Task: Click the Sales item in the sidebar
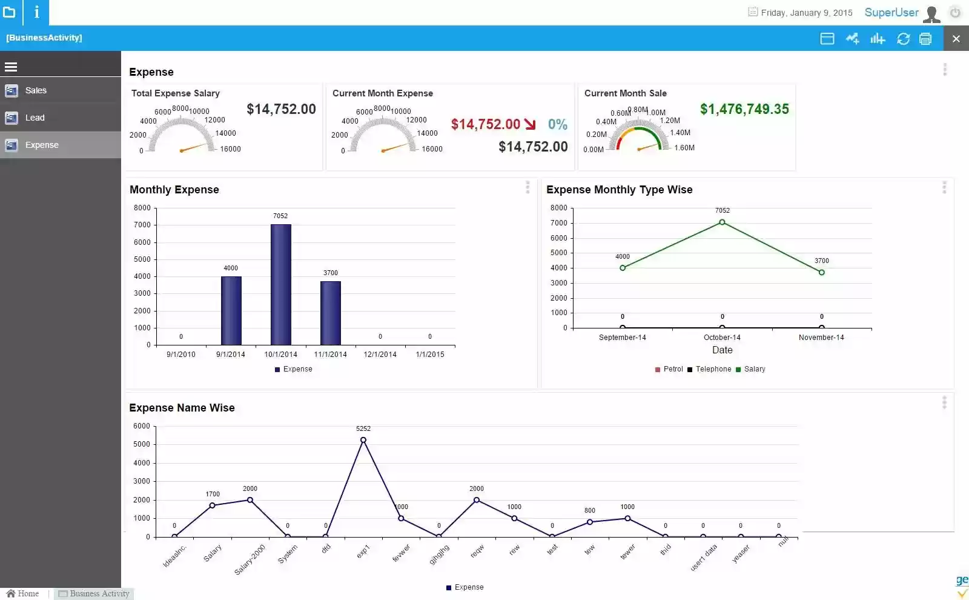pos(36,90)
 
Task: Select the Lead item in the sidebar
pos(35,118)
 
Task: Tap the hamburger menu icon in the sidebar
pos(11,67)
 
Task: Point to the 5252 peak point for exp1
pos(363,440)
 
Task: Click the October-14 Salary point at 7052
pos(722,222)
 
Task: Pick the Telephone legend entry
pos(713,369)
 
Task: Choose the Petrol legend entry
pos(672,369)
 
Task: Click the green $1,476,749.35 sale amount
pos(744,109)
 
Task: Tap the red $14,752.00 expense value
pos(486,124)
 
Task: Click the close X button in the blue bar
pos(956,39)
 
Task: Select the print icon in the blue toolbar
pos(925,39)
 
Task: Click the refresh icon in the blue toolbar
pos(903,39)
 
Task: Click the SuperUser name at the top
pos(891,13)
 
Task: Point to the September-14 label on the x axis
pos(622,338)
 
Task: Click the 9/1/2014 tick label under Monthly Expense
pos(231,355)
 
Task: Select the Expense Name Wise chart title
pos(182,408)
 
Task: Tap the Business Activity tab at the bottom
pos(99,593)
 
